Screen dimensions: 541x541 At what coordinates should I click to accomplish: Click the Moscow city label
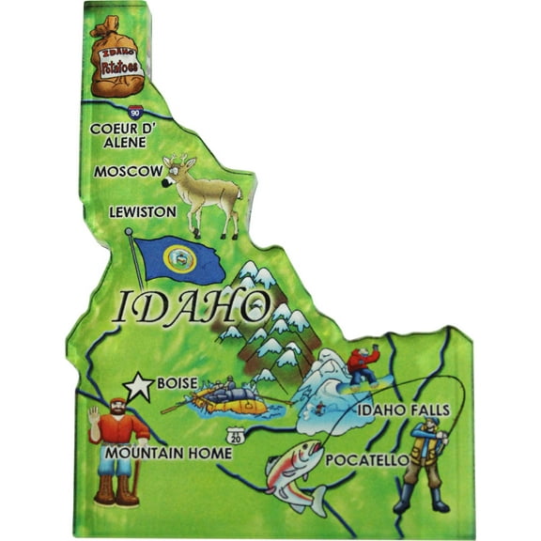pos(128,172)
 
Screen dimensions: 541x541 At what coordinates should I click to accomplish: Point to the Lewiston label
pos(142,212)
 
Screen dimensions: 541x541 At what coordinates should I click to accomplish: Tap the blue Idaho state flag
pos(178,258)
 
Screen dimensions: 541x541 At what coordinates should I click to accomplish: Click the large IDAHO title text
pos(187,305)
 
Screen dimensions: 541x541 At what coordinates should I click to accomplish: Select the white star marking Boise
pos(139,384)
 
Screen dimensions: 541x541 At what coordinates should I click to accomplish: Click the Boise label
pos(178,383)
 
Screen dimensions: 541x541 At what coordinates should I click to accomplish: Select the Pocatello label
pos(366,460)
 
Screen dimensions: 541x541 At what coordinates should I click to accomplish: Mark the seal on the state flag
pos(179,257)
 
